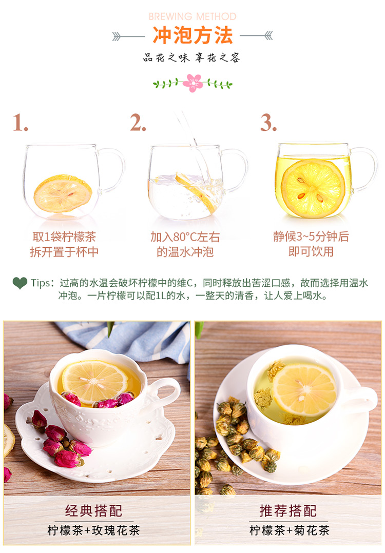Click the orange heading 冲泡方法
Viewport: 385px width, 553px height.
click(192, 35)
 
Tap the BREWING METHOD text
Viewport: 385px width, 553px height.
click(192, 16)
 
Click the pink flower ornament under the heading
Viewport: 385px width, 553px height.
click(192, 83)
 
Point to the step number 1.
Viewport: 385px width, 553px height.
click(21, 123)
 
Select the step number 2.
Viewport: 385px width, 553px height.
click(138, 123)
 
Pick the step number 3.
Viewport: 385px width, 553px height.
click(268, 123)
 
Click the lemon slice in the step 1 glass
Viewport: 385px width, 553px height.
click(63, 193)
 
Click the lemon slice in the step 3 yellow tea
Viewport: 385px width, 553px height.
click(313, 188)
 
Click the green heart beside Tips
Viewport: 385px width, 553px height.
click(20, 283)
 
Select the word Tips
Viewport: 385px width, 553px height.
click(40, 283)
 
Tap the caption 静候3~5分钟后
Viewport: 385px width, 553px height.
click(311, 236)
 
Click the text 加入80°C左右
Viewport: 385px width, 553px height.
click(185, 236)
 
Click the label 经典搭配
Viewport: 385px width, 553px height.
click(93, 510)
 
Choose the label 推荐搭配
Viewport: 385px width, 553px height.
click(288, 510)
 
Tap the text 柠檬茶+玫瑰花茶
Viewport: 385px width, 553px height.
click(93, 530)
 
